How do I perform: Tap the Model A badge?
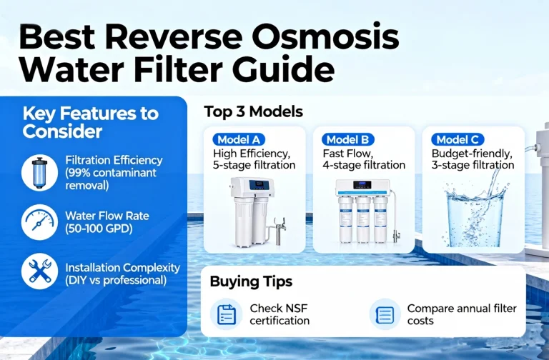tap(238, 139)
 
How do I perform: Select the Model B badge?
tap(347, 139)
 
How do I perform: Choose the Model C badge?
tap(458, 139)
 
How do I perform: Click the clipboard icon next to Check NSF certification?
tap(227, 314)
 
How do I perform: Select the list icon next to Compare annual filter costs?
tap(385, 314)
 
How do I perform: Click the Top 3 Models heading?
tap(253, 112)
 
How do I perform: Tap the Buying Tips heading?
tap(251, 281)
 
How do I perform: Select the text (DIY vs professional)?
tap(116, 280)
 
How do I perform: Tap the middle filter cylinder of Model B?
tap(364, 218)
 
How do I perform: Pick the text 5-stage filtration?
tap(254, 166)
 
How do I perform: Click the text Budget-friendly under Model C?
tap(471, 154)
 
